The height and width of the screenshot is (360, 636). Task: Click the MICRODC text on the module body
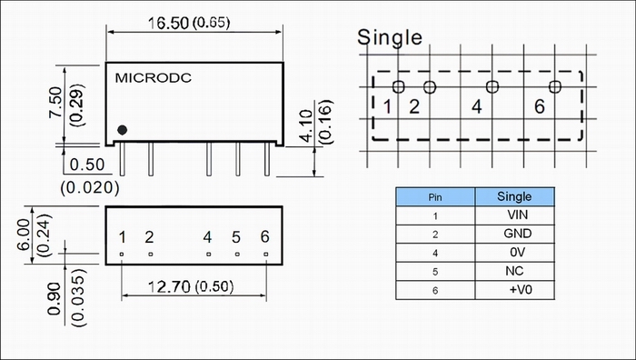coord(154,78)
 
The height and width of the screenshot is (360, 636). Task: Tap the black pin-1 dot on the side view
coord(122,130)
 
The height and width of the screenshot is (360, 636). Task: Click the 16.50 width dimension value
coord(168,23)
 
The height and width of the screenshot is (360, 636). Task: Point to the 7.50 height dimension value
coord(55,103)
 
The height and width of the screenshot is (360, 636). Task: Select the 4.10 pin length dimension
coord(307,126)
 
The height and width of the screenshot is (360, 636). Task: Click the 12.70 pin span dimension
coord(169,287)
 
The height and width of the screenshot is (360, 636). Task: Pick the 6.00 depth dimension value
coord(24,235)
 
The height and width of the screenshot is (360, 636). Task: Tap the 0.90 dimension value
coord(54,299)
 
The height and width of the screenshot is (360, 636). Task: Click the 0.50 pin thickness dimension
coord(87,165)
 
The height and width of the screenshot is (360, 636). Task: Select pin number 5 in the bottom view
coord(236,237)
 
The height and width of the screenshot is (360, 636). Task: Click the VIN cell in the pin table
coord(518,215)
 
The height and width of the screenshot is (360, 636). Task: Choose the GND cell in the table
coord(518,234)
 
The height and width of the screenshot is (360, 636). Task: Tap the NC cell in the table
coord(514,271)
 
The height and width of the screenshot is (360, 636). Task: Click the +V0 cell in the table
coord(521,289)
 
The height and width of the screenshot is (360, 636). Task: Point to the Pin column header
coord(435,197)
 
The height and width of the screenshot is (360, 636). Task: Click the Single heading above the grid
coord(390,37)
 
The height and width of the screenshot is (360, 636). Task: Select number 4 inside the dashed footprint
coord(477,106)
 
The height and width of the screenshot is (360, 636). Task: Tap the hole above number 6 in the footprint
coord(555,86)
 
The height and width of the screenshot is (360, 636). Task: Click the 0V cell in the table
coord(518,253)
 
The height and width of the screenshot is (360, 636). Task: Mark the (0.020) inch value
coord(90,187)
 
